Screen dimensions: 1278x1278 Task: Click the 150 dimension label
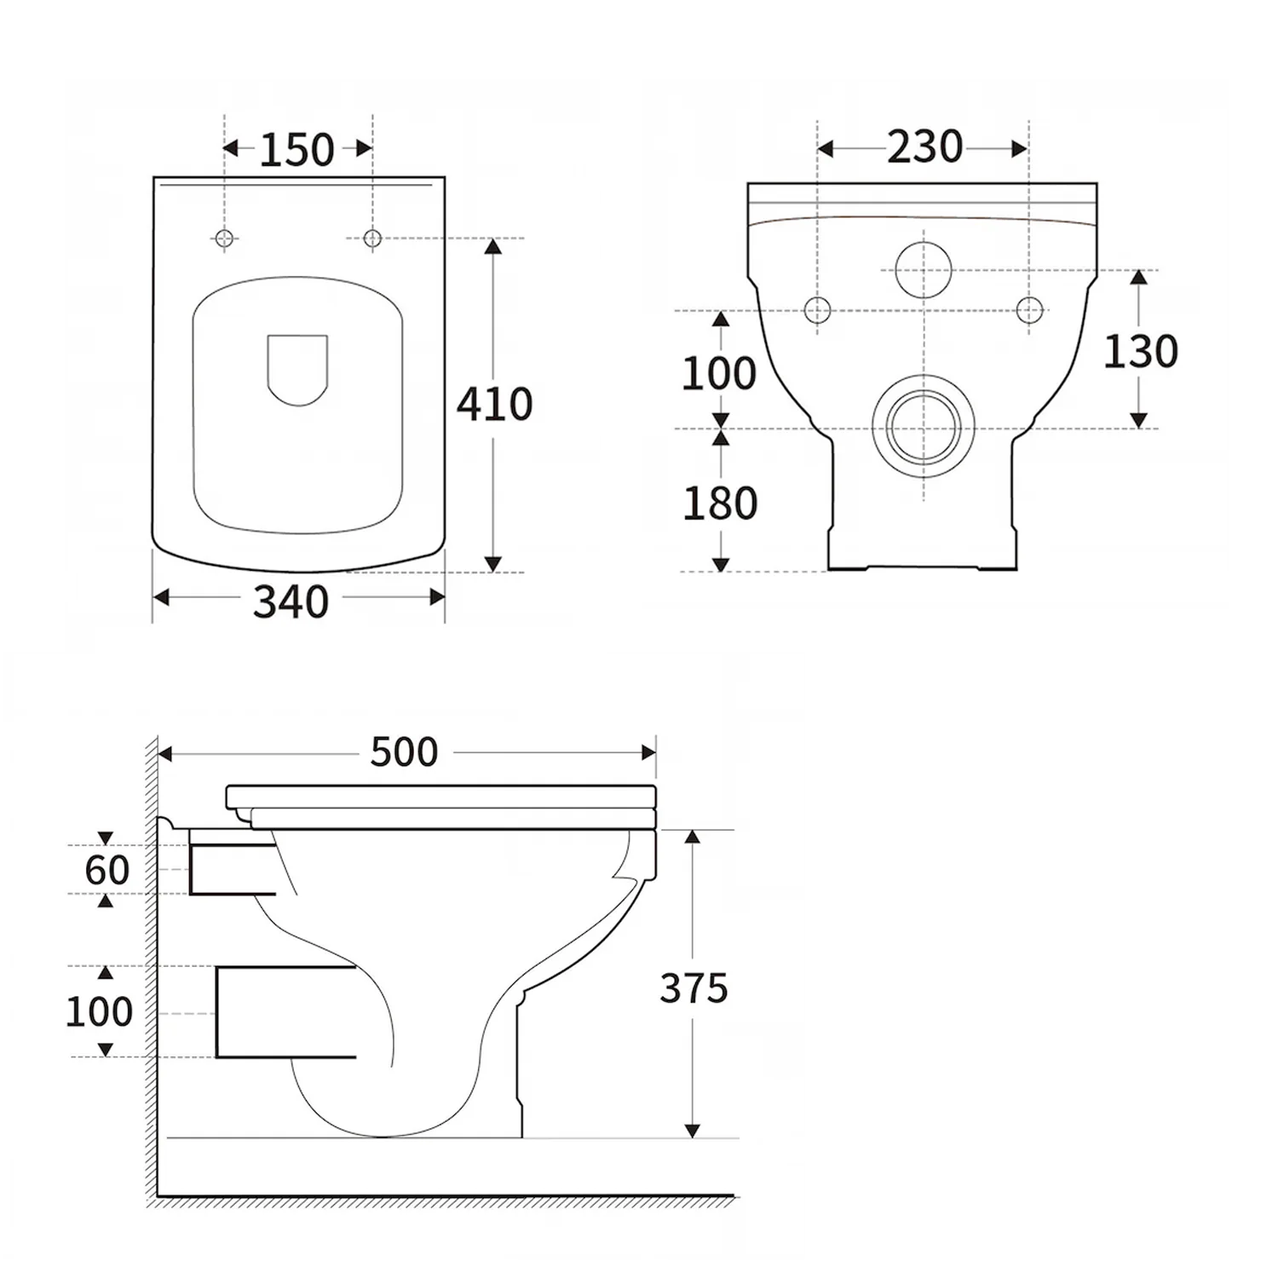click(296, 150)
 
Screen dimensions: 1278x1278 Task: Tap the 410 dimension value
click(494, 404)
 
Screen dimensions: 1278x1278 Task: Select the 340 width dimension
click(291, 602)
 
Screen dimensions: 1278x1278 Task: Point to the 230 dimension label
click(924, 147)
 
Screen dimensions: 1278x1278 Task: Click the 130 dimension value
click(1141, 351)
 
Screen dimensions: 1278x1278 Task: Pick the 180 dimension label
click(720, 504)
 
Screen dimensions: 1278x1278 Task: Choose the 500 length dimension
click(404, 751)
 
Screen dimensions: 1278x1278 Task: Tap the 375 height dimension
click(694, 988)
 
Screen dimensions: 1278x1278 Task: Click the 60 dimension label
click(107, 870)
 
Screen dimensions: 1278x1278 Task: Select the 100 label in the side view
click(100, 1011)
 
